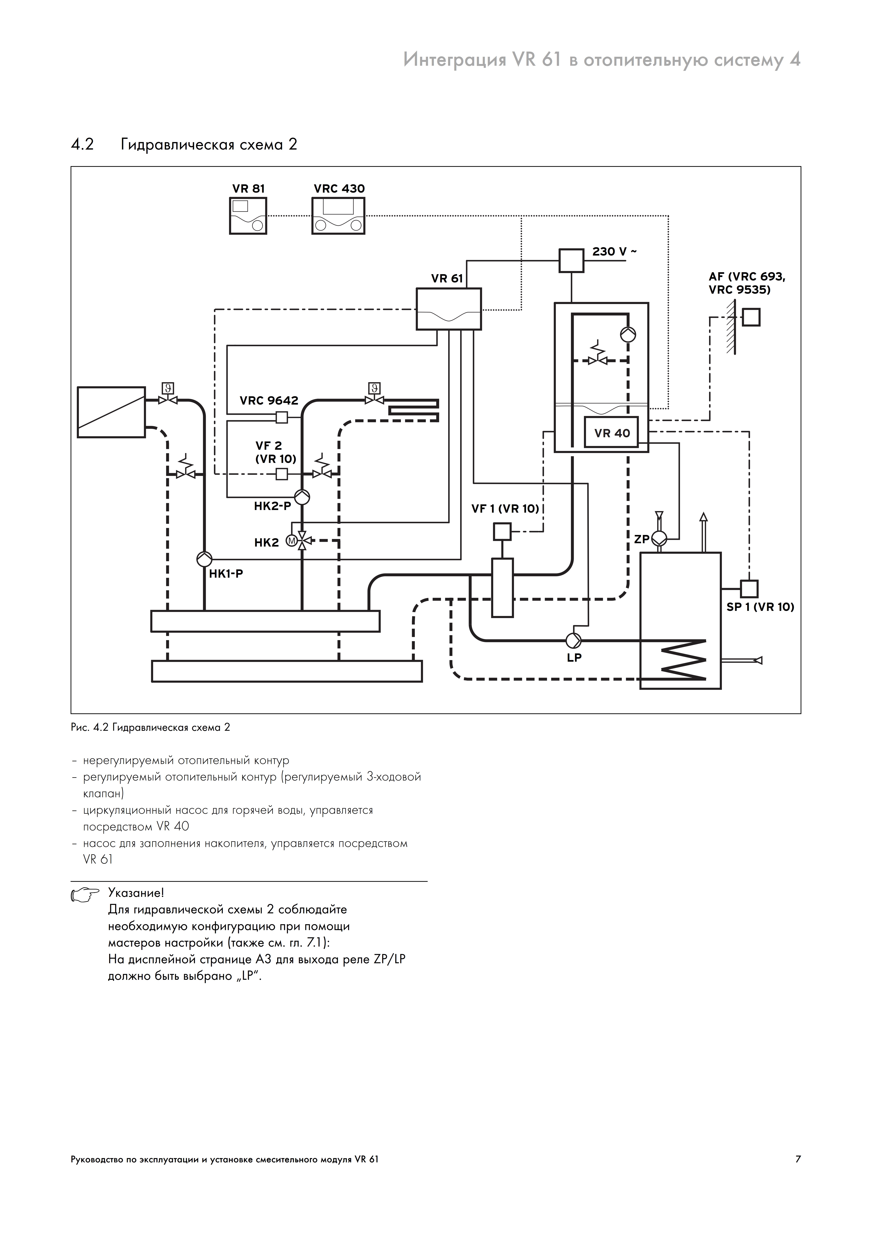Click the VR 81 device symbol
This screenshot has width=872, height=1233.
(x=248, y=215)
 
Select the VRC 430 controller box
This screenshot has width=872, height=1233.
(x=339, y=215)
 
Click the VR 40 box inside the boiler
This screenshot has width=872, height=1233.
(x=612, y=432)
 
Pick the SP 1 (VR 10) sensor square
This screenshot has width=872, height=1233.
(x=749, y=589)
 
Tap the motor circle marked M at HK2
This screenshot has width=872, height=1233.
(x=292, y=541)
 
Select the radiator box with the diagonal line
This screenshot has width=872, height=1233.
(x=111, y=412)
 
